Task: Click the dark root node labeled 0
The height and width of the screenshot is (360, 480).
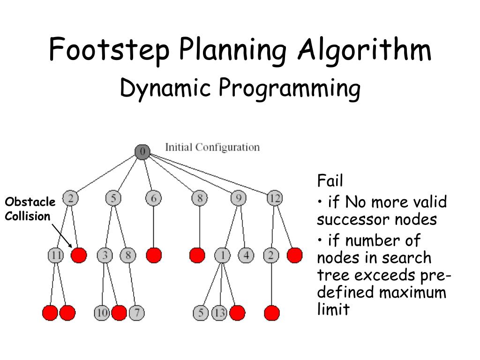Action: point(142,151)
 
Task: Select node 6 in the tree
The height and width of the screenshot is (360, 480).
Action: point(153,199)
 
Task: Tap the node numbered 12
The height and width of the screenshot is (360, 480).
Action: point(275,199)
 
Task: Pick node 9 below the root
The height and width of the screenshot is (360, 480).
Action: point(238,199)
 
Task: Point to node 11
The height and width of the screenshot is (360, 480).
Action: point(56,255)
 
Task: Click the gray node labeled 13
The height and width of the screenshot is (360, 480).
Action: point(219,313)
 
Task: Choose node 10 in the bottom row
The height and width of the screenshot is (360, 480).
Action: point(102,313)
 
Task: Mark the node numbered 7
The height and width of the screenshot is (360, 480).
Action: point(136,313)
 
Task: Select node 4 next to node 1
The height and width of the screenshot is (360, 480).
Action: point(246,255)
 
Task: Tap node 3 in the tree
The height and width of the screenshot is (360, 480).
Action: point(105,255)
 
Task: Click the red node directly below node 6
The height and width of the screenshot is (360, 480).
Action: point(154,255)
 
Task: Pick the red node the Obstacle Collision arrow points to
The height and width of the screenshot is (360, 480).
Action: point(79,255)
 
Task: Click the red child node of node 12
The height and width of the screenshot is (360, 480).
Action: point(294,255)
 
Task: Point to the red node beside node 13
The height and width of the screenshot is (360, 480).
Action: point(237,313)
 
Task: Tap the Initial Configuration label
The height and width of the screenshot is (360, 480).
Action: point(212,147)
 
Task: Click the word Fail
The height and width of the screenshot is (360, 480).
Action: point(330,180)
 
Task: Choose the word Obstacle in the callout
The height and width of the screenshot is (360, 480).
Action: point(30,202)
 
